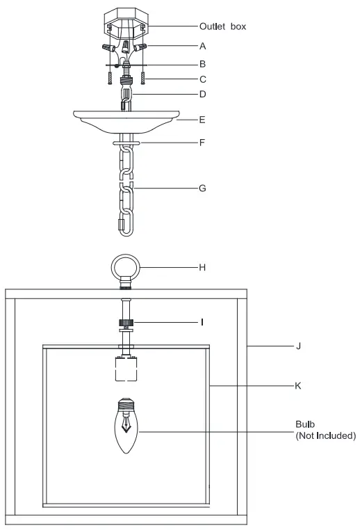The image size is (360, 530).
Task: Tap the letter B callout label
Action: (x=202, y=63)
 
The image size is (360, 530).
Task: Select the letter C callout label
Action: (x=202, y=79)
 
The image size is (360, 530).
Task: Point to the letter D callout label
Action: (x=202, y=93)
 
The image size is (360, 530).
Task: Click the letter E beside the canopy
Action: (x=202, y=120)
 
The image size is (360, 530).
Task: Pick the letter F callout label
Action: (x=202, y=144)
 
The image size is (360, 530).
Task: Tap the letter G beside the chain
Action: (x=202, y=188)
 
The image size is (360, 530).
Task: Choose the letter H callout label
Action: (x=202, y=266)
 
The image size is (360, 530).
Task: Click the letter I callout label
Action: (x=202, y=322)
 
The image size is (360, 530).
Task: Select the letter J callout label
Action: (x=298, y=345)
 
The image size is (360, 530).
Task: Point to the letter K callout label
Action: (x=298, y=384)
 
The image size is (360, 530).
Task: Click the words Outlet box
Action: (x=222, y=26)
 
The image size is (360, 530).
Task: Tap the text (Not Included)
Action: (x=325, y=436)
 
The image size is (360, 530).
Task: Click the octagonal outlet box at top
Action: (x=126, y=24)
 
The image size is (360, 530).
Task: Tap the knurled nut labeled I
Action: (x=126, y=322)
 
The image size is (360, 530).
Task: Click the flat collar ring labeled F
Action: (x=126, y=144)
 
